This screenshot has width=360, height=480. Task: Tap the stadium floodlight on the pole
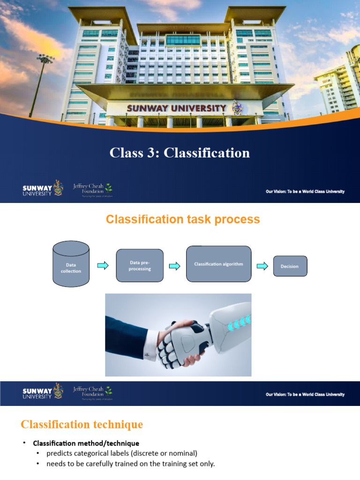[x=46, y=59]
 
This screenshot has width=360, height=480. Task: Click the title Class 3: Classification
[x=180, y=153]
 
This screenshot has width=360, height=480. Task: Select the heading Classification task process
[x=183, y=219]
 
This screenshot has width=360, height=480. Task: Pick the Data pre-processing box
[x=140, y=265]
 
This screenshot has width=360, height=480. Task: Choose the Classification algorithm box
[x=218, y=264]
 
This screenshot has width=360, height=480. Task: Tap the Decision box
[x=290, y=266]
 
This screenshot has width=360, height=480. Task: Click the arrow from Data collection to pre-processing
[x=103, y=266]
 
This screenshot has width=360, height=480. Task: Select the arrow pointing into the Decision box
[x=262, y=266]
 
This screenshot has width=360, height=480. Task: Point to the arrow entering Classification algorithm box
[x=174, y=266]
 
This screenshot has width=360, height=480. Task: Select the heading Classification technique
[x=82, y=425]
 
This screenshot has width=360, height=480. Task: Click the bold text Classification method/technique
[x=86, y=443]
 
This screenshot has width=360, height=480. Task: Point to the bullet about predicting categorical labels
[x=122, y=453]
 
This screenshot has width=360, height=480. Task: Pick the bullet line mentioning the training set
[x=130, y=464]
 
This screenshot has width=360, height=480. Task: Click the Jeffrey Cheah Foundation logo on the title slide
[x=92, y=189]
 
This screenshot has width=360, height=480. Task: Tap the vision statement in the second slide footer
[x=305, y=394]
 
